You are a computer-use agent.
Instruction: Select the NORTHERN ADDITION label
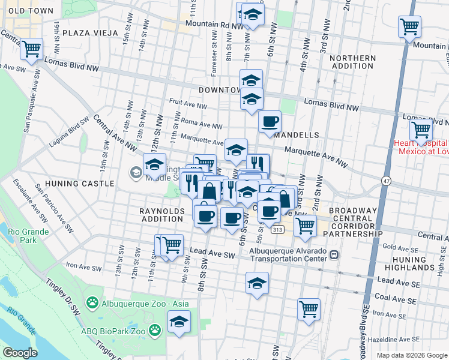click(352, 62)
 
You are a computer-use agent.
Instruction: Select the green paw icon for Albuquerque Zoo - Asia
click(92, 303)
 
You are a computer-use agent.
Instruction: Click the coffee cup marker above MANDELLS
click(270, 122)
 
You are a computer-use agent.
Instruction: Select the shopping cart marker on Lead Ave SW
click(172, 245)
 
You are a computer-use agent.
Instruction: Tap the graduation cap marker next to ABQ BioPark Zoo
click(179, 322)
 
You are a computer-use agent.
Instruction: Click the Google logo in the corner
click(20, 353)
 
